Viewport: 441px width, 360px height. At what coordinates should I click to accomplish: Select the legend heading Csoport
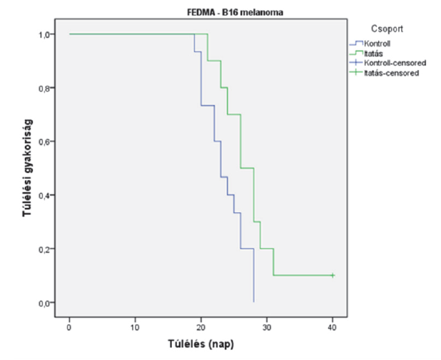387,30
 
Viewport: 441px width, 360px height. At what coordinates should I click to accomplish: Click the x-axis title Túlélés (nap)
201,344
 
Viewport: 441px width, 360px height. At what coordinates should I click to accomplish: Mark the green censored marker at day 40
333,275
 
